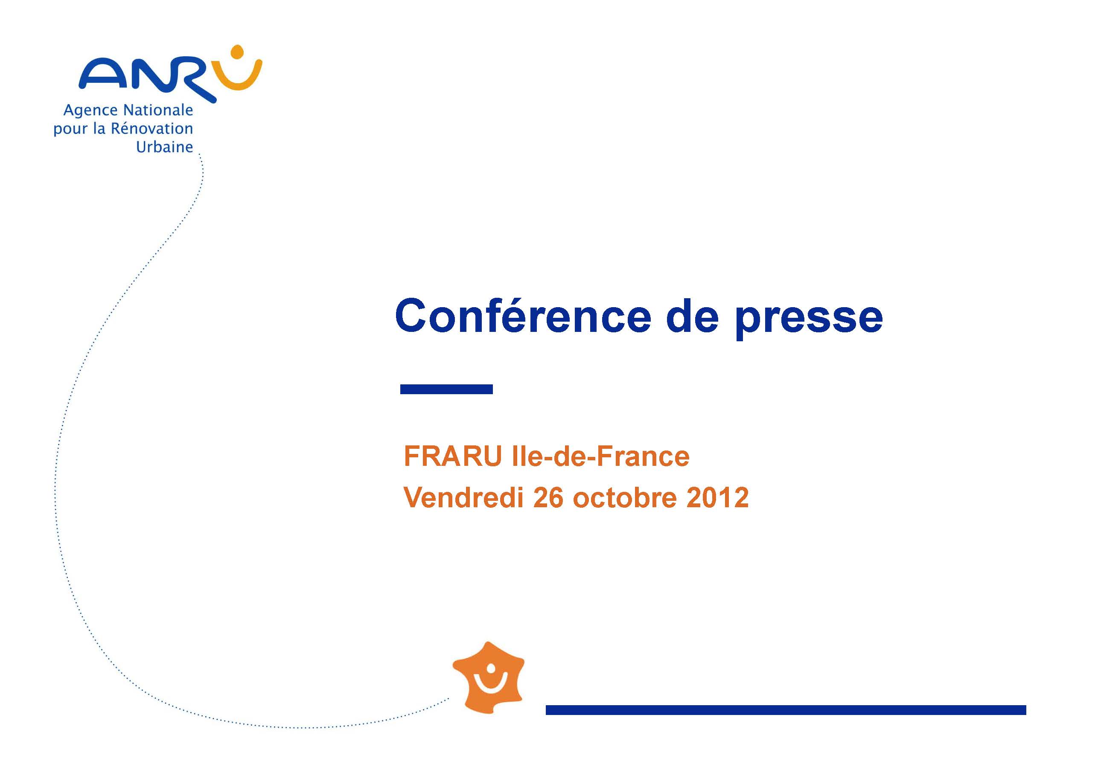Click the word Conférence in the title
click(x=523, y=316)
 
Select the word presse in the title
click(x=809, y=320)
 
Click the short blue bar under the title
click(x=446, y=389)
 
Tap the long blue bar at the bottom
click(x=786, y=710)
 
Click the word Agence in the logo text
click(x=90, y=111)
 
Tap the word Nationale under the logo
click(x=158, y=110)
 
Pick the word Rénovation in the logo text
click(x=151, y=128)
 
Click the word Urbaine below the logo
click(x=165, y=147)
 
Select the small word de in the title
click(x=692, y=316)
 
